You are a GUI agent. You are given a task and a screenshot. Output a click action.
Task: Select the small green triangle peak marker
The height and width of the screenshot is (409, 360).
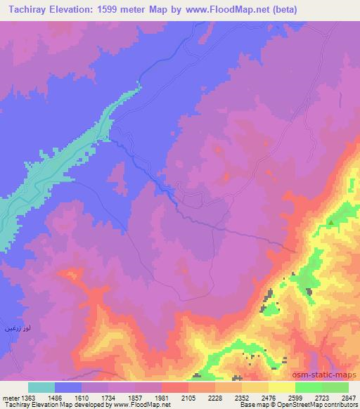[x=330, y=223]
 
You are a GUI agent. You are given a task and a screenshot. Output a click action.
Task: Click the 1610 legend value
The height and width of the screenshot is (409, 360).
[x=81, y=397]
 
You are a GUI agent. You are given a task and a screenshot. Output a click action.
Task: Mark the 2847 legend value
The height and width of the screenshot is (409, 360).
[x=348, y=397]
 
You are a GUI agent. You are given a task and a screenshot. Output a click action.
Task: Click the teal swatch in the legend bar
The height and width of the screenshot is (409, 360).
[x=41, y=387]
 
